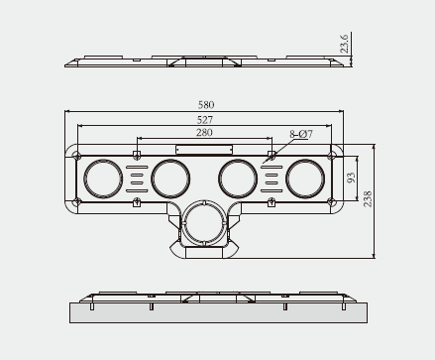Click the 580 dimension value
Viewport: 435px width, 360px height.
pyautogui.click(x=206, y=105)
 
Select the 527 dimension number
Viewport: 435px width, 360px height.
pyautogui.click(x=205, y=119)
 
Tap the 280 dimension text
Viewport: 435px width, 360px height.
pyautogui.click(x=204, y=133)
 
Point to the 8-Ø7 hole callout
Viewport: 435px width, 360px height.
pyautogui.click(x=301, y=134)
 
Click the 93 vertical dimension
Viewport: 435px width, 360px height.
pyautogui.click(x=352, y=178)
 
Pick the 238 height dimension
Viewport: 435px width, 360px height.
pyautogui.click(x=368, y=199)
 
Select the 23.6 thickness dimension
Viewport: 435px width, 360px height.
pyautogui.click(x=344, y=44)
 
